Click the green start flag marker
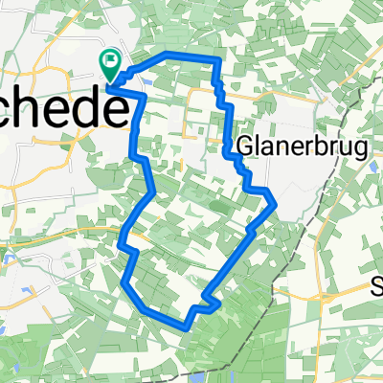click(x=110, y=64)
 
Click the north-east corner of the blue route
click(x=219, y=59)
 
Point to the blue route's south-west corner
click(x=125, y=282)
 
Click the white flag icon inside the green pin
click(x=110, y=62)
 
